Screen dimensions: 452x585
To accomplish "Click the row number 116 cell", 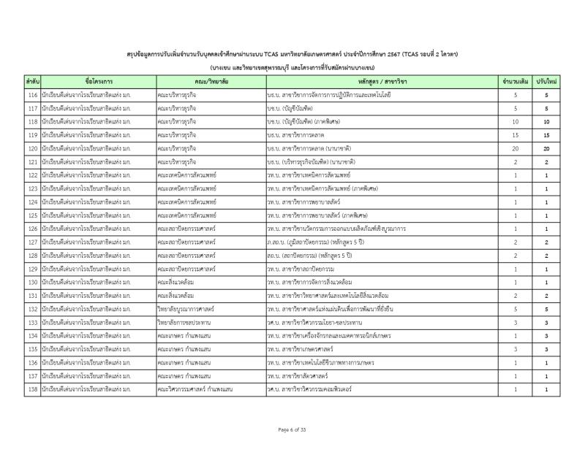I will pyautogui.click(x=32, y=95).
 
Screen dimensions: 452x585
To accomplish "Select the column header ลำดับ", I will pyautogui.click(x=32, y=81).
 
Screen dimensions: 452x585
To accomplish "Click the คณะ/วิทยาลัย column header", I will pyautogui.click(x=211, y=81).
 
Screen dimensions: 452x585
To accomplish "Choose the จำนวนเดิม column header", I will pyautogui.click(x=515, y=81).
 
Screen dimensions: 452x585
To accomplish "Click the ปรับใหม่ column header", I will pyautogui.click(x=546, y=81).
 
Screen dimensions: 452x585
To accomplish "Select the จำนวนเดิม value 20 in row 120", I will pyautogui.click(x=515, y=148).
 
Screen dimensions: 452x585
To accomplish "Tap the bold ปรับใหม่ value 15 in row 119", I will pyautogui.click(x=546, y=135).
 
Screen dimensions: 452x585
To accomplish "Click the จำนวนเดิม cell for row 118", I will pyautogui.click(x=515, y=122).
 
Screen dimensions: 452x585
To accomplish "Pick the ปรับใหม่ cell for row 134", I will pyautogui.click(x=546, y=335).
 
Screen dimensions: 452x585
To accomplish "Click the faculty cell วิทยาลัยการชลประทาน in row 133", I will pyautogui.click(x=211, y=322).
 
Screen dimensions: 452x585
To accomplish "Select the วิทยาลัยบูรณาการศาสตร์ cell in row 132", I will pyautogui.click(x=211, y=309).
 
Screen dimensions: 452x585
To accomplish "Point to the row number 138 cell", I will pyautogui.click(x=32, y=389).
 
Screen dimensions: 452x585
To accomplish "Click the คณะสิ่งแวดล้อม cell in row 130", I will pyautogui.click(x=211, y=282).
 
